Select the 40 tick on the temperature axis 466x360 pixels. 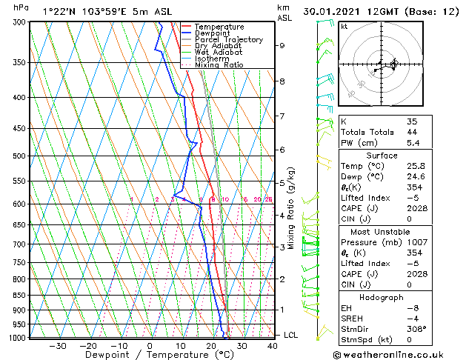pos(273,346)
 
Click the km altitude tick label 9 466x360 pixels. pos(282,45)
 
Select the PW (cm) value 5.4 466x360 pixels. pos(412,143)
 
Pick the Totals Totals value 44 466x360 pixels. pos(411,132)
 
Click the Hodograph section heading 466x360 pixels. pos(381,297)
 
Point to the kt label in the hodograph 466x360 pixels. pos(344,26)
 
